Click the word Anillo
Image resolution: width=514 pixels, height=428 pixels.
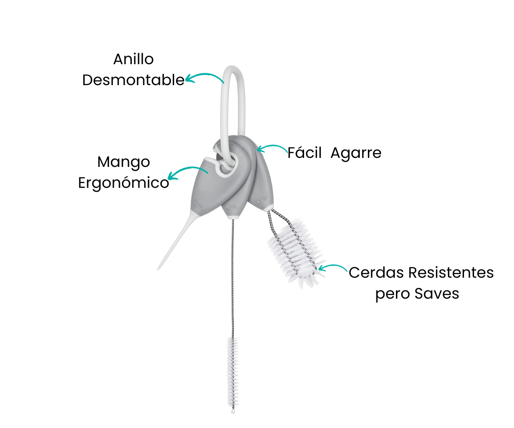coord(133,59)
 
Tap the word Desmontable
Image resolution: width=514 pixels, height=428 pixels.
coord(133,80)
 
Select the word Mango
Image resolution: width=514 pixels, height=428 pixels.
coord(124,163)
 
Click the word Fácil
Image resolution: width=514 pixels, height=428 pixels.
coord(305,153)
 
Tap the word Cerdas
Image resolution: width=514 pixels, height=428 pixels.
coord(376,272)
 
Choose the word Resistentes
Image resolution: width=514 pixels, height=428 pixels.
coord(451,272)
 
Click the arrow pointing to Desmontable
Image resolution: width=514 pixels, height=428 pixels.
coord(204,78)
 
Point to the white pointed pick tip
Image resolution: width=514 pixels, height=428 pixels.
coord(158,269)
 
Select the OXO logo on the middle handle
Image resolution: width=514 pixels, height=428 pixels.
coord(231,207)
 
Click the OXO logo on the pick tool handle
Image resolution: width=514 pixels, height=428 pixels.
coord(198,205)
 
